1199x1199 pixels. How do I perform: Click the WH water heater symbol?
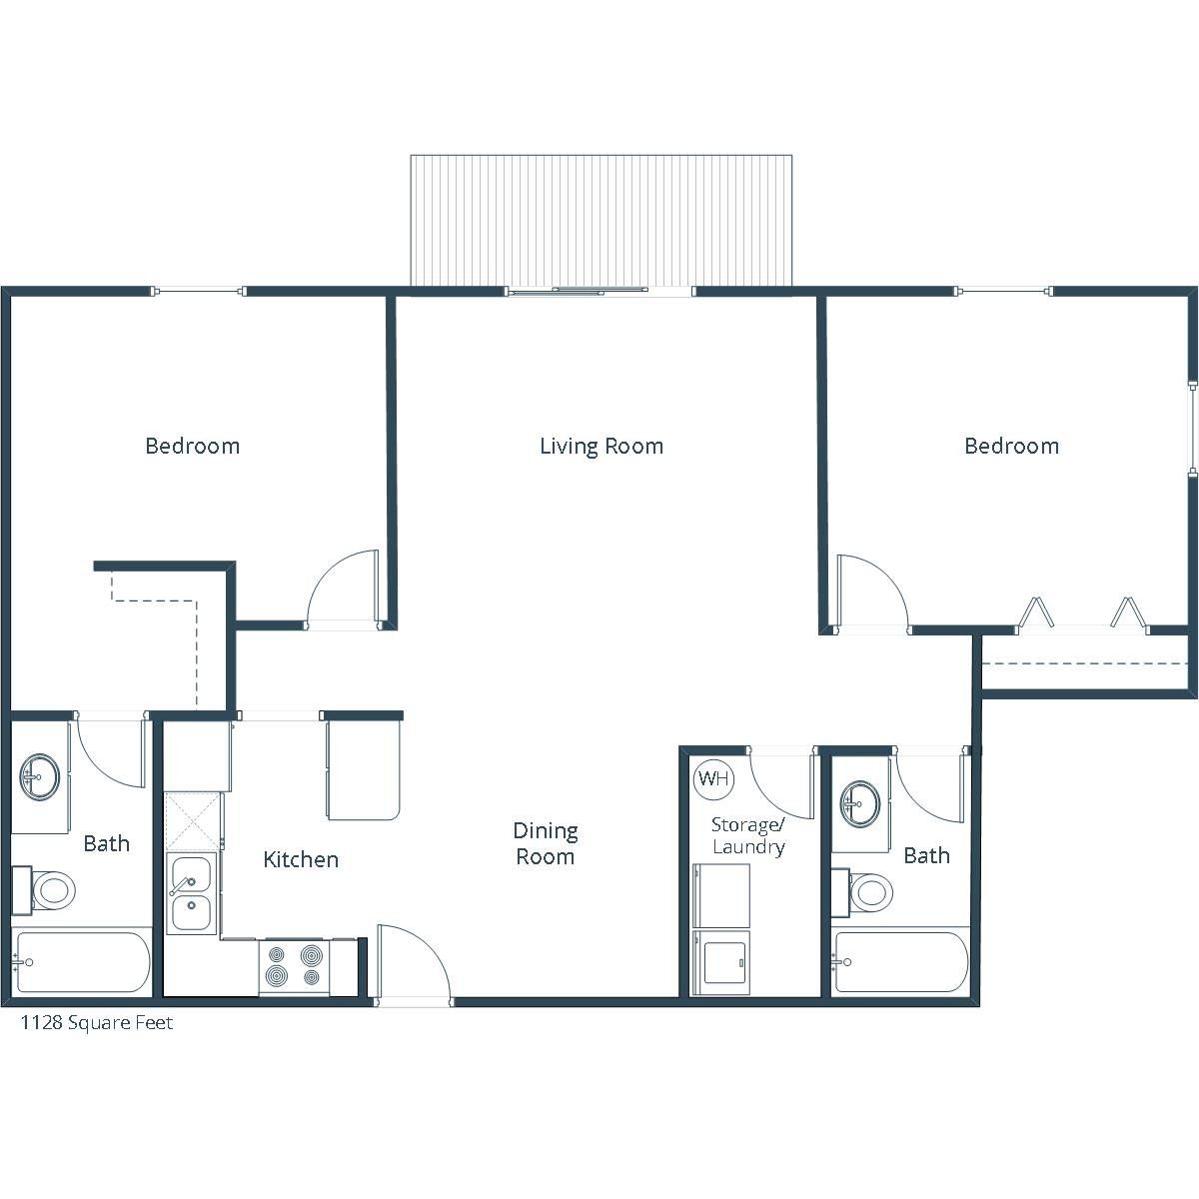click(x=713, y=778)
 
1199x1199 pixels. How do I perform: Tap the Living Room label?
click(x=601, y=446)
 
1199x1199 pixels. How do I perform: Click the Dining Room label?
click(x=546, y=843)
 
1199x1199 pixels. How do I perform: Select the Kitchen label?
click(x=301, y=859)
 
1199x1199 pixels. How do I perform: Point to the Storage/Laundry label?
click(x=748, y=835)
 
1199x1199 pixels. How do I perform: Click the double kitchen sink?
click(x=191, y=893)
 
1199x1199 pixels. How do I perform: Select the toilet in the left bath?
click(x=44, y=890)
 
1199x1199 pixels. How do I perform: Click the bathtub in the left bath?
click(x=82, y=962)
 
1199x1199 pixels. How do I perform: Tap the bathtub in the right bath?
click(x=900, y=962)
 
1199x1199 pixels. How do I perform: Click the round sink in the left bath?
click(x=40, y=776)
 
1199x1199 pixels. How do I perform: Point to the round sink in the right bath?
click(x=860, y=803)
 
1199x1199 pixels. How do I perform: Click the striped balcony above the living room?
click(x=601, y=220)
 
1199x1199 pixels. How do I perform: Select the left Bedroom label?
click(x=192, y=446)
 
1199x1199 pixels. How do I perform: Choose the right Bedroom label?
click(x=1012, y=446)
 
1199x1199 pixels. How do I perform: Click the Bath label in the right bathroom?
click(x=926, y=855)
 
